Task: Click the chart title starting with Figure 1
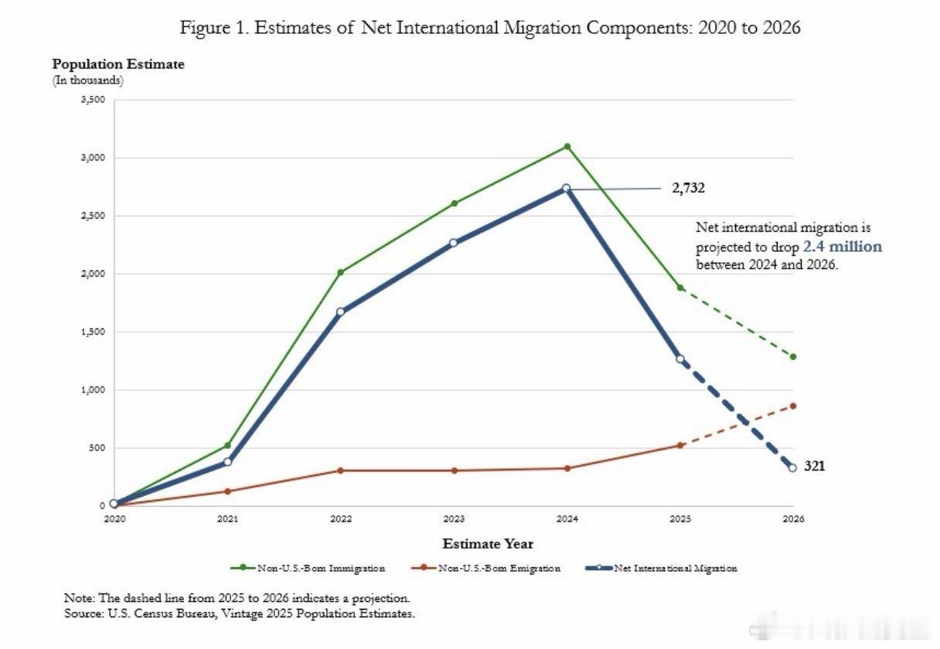[490, 29]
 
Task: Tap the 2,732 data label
[688, 188]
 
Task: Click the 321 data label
[815, 467]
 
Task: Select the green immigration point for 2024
[567, 146]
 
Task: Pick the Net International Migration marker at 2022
[340, 312]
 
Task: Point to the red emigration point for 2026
[793, 406]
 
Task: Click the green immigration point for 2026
[793, 357]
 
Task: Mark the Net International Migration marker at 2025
[680, 359]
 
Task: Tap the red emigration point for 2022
[340, 471]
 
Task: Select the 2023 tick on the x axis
[454, 519]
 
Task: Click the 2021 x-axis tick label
[227, 519]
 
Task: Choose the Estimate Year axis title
[488, 544]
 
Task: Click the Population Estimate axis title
[118, 64]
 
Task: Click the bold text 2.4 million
[842, 247]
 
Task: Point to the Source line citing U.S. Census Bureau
[240, 613]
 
